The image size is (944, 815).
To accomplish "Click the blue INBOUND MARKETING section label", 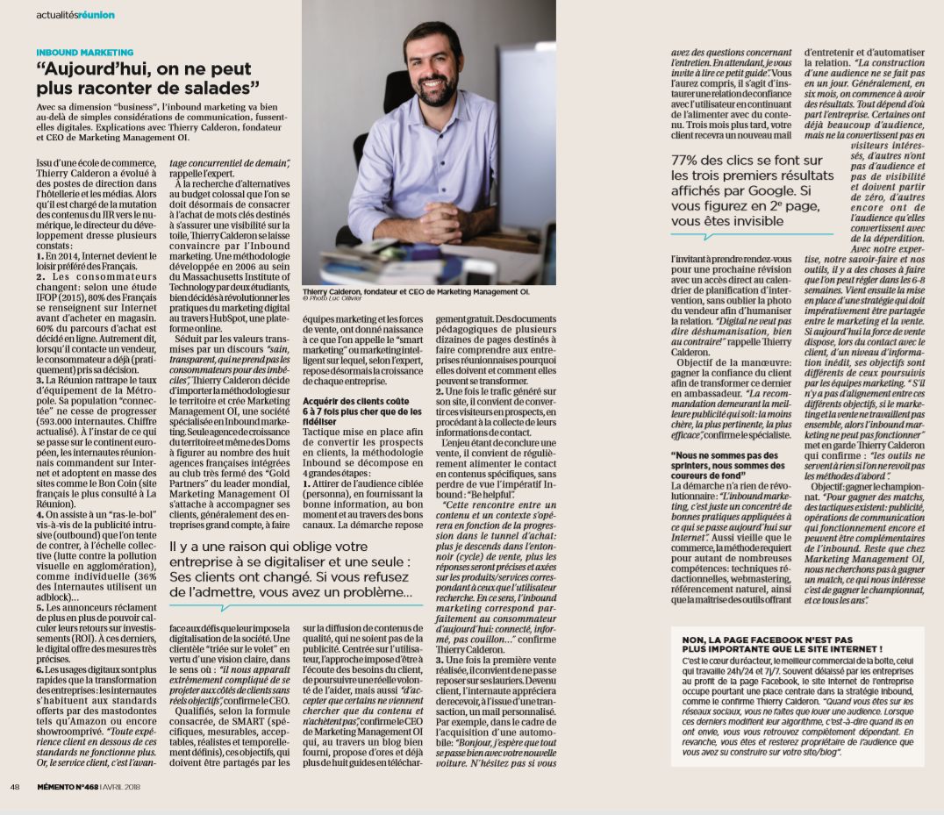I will (85, 53).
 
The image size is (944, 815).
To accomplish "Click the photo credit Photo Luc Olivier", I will (333, 297).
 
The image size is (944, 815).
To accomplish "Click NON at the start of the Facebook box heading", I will (693, 639).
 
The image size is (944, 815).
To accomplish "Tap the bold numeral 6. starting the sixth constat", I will (39, 669).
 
